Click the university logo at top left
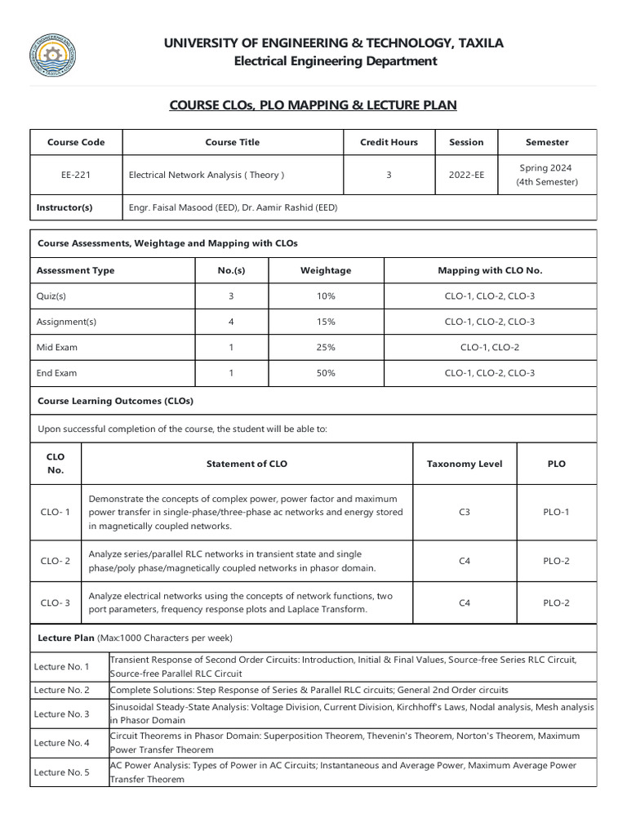point(53,56)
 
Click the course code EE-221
point(76,175)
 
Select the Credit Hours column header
point(389,142)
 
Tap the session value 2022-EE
point(466,175)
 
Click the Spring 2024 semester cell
point(546,175)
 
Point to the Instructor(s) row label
point(64,207)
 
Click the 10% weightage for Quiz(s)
point(326,296)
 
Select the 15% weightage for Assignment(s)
point(326,322)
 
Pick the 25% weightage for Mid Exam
point(326,347)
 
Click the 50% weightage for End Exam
point(326,373)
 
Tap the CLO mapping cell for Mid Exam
point(490,347)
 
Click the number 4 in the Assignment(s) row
point(231,322)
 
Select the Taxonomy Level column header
point(465,464)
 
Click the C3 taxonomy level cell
point(465,512)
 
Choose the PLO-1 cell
point(556,512)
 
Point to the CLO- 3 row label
point(56,603)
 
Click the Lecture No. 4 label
point(62,743)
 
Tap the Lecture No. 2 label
point(62,690)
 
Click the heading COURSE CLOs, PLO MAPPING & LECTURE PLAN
point(313,105)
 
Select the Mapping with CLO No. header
point(490,270)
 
